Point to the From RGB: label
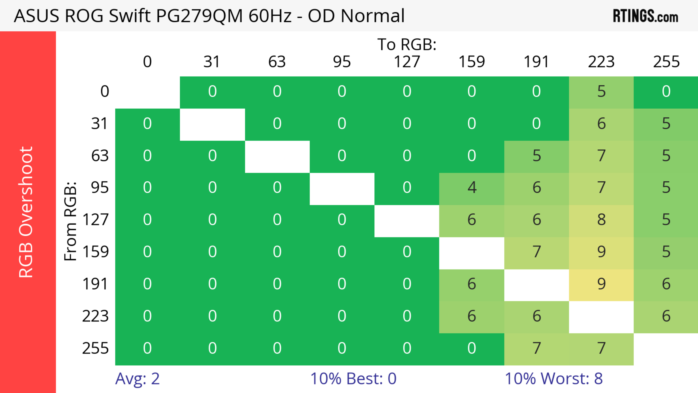pyautogui.click(x=71, y=221)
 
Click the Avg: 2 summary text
pyautogui.click(x=137, y=378)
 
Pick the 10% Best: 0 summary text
pyautogui.click(x=353, y=378)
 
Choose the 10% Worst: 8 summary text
pyautogui.click(x=553, y=378)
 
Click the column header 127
pyautogui.click(x=407, y=62)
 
